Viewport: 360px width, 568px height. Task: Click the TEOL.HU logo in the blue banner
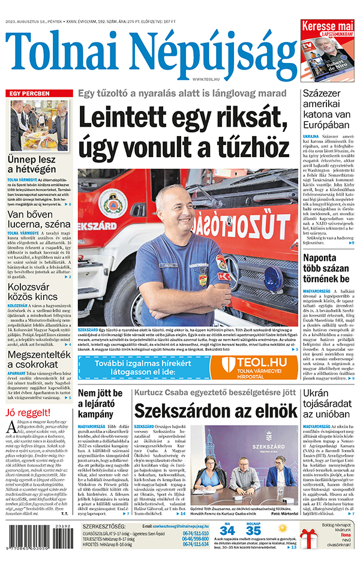[x=255, y=365]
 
